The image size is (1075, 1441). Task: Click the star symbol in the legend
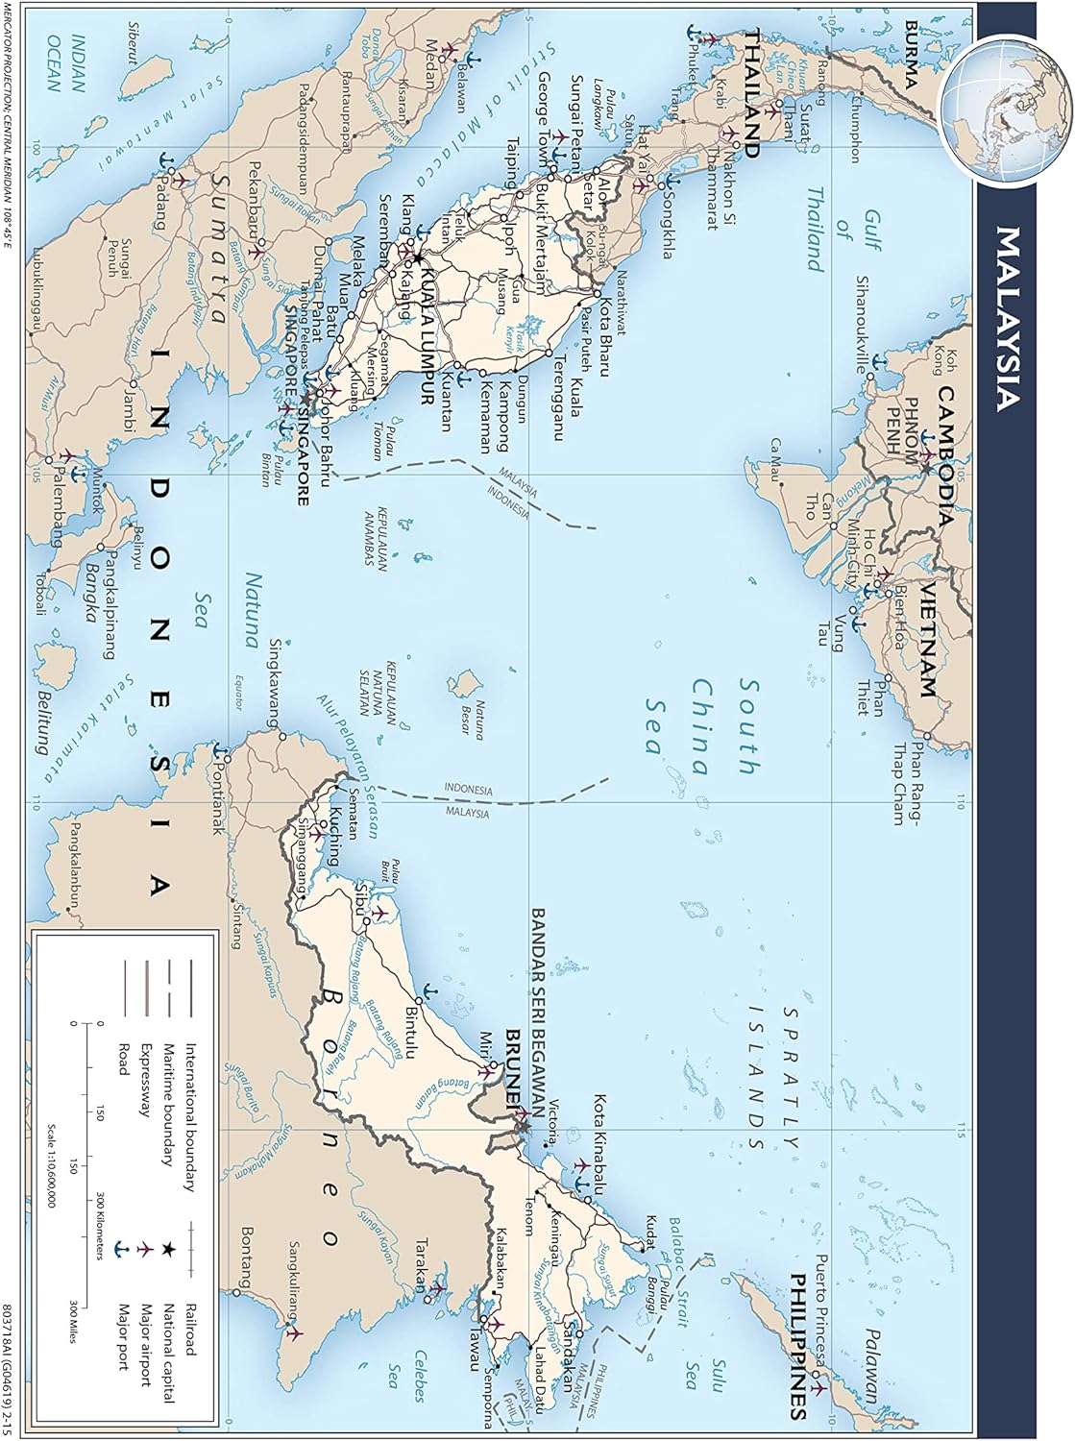click(167, 1248)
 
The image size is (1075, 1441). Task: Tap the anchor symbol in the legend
click(121, 1248)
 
